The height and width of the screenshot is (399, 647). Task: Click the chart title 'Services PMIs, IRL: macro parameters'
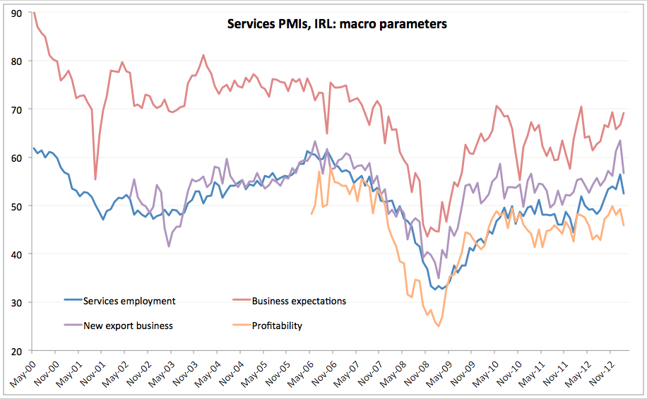336,24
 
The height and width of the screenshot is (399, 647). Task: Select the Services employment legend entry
129,301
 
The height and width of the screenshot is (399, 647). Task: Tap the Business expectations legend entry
299,301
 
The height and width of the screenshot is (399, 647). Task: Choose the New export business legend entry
128,326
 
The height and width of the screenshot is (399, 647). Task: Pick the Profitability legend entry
277,326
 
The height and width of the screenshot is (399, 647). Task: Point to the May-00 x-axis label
23,372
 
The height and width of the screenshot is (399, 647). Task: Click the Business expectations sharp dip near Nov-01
95,179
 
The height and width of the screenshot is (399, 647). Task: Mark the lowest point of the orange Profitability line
439,326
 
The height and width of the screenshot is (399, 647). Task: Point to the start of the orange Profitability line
311,213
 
